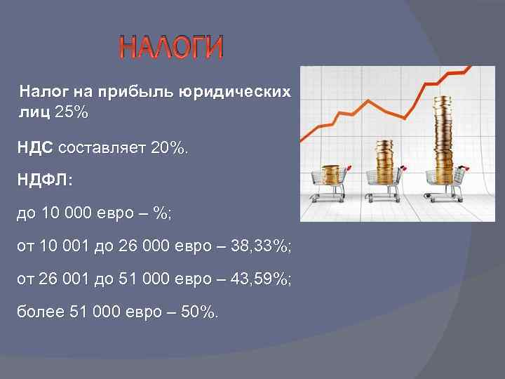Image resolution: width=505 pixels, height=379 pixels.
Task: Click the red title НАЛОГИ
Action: tap(171, 48)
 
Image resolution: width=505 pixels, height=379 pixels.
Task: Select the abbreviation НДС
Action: tap(36, 148)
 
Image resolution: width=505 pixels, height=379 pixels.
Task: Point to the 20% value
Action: tap(170, 148)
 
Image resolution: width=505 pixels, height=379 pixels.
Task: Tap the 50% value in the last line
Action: tap(200, 312)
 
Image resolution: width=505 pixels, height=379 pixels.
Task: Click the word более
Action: tap(39, 312)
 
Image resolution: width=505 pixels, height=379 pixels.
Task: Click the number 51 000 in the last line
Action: tap(101, 312)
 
